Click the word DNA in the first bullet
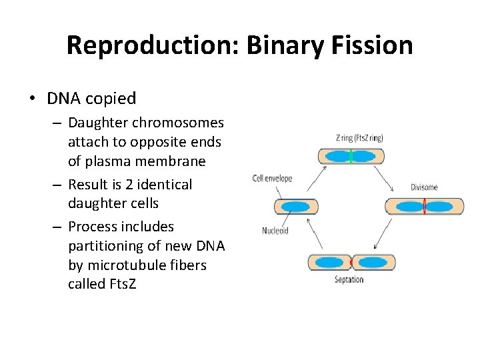[61, 99]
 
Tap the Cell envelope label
[272, 179]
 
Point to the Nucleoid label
[275, 231]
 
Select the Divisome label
[424, 187]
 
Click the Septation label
[349, 279]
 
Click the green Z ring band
[351, 157]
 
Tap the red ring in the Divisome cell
[424, 206]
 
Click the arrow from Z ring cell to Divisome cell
[385, 179]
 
